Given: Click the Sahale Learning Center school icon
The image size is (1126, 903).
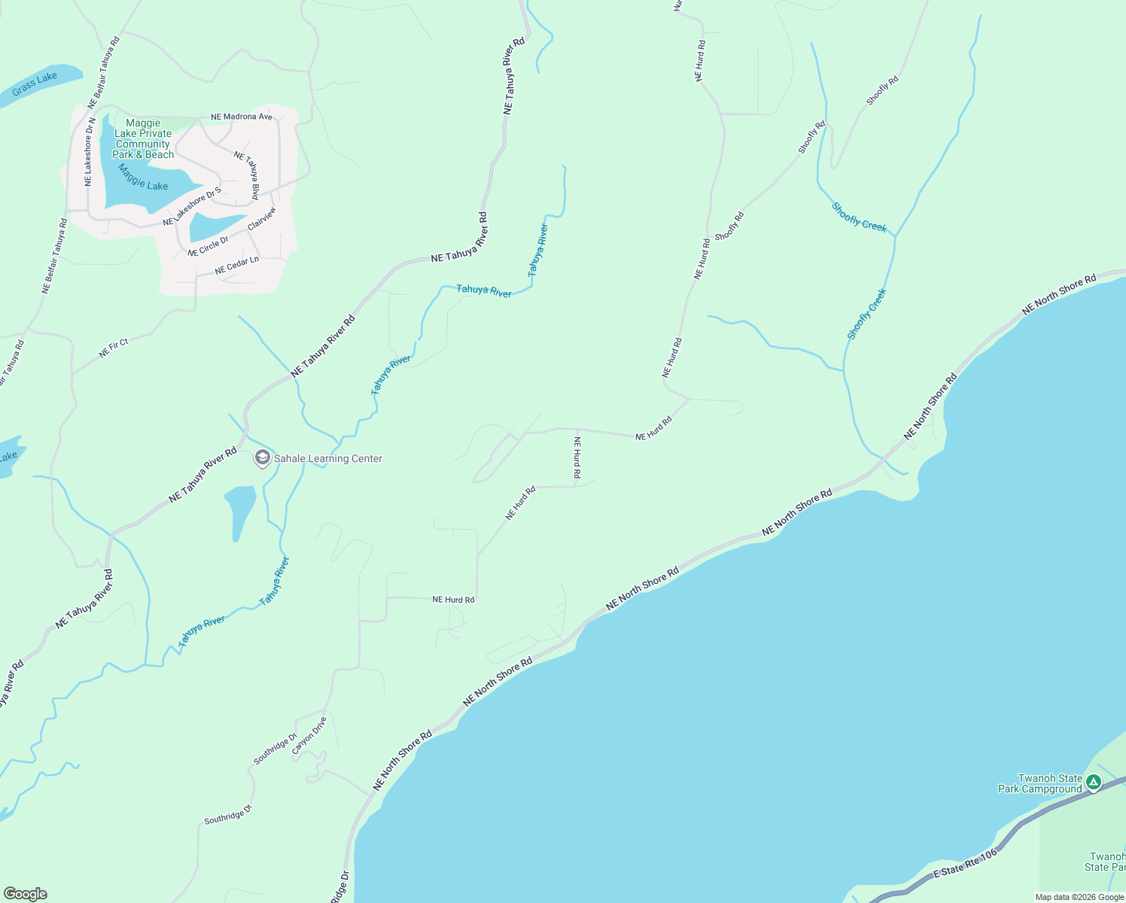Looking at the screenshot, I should pyautogui.click(x=262, y=458).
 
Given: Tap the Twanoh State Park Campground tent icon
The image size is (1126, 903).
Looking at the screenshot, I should pyautogui.click(x=1093, y=783).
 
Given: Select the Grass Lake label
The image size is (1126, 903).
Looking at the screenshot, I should pyautogui.click(x=35, y=84).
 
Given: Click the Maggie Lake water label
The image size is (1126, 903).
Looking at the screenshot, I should pyautogui.click(x=142, y=177).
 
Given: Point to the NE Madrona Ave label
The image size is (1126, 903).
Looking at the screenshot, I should pyautogui.click(x=242, y=117).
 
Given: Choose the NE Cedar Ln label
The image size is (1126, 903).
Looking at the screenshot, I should pyautogui.click(x=236, y=265).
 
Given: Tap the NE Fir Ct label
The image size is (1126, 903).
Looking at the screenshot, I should pyautogui.click(x=114, y=348).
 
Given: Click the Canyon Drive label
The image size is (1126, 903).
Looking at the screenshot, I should pyautogui.click(x=309, y=735).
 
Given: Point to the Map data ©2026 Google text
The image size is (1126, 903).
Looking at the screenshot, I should pyautogui.click(x=1079, y=897).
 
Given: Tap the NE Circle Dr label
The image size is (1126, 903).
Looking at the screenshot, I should pyautogui.click(x=208, y=246).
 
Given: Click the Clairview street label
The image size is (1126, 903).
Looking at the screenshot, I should pyautogui.click(x=262, y=218).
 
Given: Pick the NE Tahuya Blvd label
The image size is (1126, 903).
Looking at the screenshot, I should pyautogui.click(x=247, y=175).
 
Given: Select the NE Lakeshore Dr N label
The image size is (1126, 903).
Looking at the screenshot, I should pyautogui.click(x=89, y=151).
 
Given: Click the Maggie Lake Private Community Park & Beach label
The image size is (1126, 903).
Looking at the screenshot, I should pyautogui.click(x=143, y=138).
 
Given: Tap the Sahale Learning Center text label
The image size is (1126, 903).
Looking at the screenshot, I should pyautogui.click(x=327, y=458).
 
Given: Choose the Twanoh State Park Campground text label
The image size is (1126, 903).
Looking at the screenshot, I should pyautogui.click(x=1040, y=783).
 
